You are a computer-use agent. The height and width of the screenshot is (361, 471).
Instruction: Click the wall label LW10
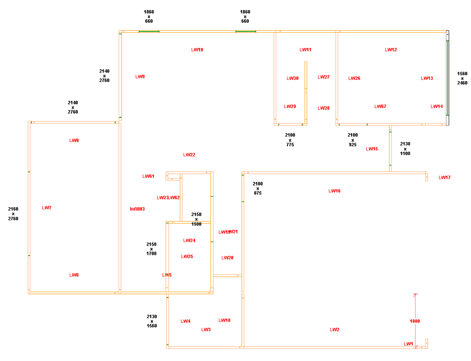[197, 50]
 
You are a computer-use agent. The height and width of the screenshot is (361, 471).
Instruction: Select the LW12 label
[391, 50]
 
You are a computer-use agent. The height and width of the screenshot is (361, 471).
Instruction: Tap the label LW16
[334, 191]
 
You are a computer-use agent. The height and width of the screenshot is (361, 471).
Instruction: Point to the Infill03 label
[137, 209]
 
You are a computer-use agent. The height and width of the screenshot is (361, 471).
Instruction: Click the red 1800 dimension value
[415, 321]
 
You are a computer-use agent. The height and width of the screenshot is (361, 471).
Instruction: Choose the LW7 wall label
[46, 208]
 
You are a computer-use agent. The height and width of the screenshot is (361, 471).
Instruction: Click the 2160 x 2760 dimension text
[13, 214]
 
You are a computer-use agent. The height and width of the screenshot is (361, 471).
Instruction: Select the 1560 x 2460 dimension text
[462, 78]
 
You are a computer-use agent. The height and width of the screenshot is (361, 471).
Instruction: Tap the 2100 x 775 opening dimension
[290, 140]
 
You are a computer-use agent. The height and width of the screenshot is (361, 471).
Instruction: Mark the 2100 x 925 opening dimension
[353, 140]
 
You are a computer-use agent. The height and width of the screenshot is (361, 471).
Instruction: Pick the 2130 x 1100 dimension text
[405, 149]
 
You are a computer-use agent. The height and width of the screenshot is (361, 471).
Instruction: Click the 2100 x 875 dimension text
[257, 188]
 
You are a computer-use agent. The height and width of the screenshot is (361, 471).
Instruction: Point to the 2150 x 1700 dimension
[152, 249]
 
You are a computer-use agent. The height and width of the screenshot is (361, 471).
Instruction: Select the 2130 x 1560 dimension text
[152, 321]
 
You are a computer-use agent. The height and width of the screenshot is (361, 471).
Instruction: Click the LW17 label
[445, 177]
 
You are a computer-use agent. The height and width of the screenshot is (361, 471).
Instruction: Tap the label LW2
[334, 330]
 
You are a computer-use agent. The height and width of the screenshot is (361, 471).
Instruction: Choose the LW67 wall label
[380, 107]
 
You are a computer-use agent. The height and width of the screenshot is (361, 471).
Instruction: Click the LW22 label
[189, 155]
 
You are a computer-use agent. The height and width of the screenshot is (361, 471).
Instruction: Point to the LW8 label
[74, 140]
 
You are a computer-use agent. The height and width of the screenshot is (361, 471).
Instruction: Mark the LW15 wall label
[372, 149]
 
